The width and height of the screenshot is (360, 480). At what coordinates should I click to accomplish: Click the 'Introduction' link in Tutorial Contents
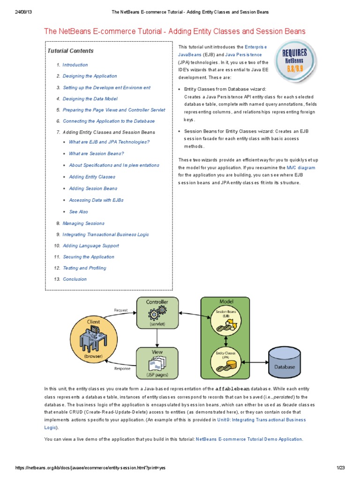(75, 65)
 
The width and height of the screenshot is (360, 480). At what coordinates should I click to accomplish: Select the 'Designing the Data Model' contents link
(90, 99)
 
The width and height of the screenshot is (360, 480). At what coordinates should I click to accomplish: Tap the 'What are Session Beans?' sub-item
(96, 154)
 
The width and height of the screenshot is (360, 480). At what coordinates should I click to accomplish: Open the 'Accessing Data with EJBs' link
(96, 200)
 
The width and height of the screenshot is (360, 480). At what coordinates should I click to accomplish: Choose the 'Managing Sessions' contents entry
(83, 223)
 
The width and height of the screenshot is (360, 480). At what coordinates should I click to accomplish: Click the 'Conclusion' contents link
(75, 279)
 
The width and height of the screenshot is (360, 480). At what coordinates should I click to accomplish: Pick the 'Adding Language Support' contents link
(90, 246)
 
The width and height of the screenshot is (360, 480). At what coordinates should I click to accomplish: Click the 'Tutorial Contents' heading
(70, 51)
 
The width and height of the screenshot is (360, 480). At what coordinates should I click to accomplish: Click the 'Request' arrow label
(121, 310)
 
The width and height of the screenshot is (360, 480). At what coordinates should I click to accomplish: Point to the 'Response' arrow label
(122, 368)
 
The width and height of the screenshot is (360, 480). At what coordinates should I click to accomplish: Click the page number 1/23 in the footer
(340, 468)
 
